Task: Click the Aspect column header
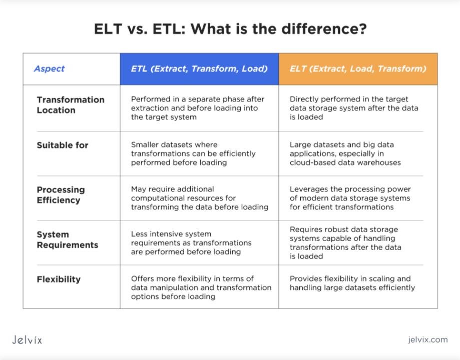coord(49,68)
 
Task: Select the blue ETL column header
coord(199,69)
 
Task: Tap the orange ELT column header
coord(358,69)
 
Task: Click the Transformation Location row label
coord(71,105)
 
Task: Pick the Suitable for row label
coord(63,145)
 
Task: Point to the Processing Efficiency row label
coord(61,195)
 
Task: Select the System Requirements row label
coord(67,240)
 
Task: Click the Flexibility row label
coord(59,279)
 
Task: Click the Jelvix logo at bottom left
coord(27,340)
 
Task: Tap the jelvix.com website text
coord(428,340)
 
